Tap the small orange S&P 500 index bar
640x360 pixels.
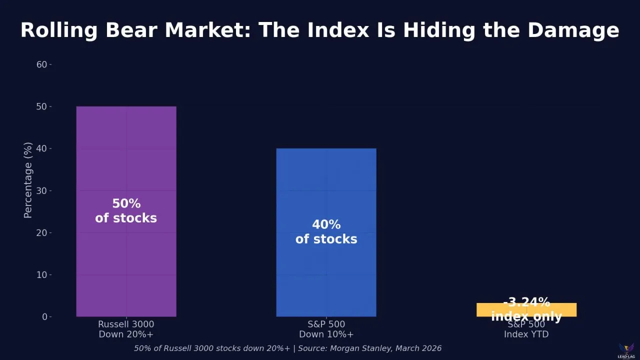point(526,310)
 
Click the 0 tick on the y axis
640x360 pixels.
point(44,316)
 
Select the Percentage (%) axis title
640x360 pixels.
point(28,180)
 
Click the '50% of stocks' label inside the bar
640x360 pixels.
point(126,211)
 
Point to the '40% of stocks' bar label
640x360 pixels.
point(326,231)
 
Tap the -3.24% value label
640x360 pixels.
point(526,302)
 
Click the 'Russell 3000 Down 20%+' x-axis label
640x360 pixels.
point(126,329)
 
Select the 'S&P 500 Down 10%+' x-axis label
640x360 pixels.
point(326,329)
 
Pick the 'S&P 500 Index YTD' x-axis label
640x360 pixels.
point(526,329)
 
